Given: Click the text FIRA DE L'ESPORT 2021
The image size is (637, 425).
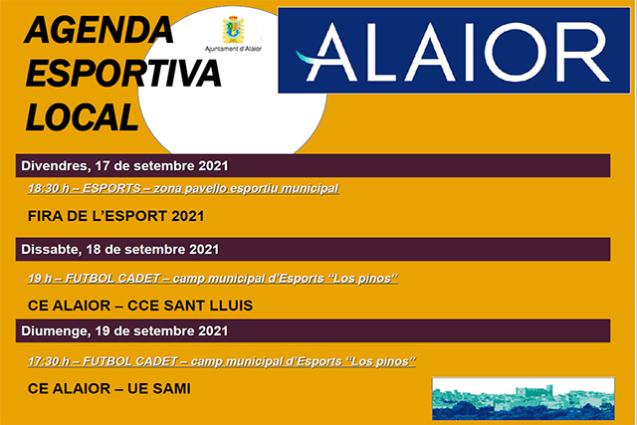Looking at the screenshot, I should (115, 216).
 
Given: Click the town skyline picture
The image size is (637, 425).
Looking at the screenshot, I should (522, 397).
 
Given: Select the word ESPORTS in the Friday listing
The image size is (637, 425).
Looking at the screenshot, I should (112, 188).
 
